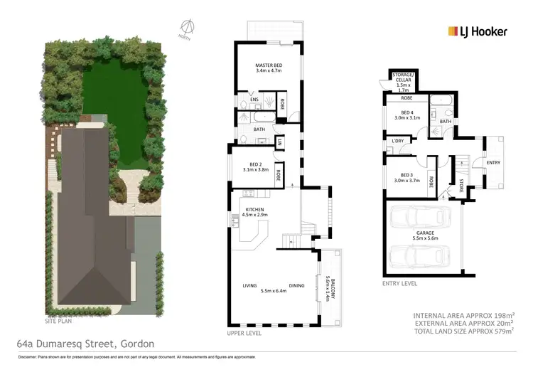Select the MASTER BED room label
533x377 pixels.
(x=269, y=68)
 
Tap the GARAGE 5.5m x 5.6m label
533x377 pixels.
(x=422, y=236)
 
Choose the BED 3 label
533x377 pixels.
(x=407, y=178)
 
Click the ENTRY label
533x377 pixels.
(x=493, y=162)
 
